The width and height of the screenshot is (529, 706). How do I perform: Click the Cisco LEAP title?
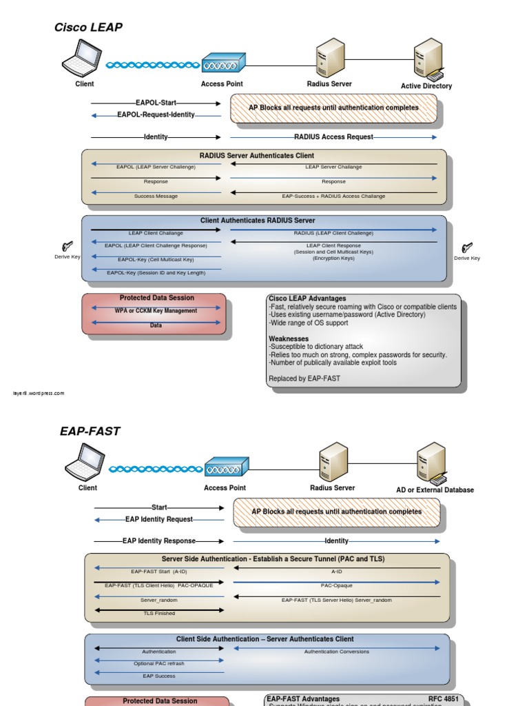pyautogui.click(x=88, y=28)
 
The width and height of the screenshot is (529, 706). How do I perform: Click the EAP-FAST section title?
pyautogui.click(x=90, y=432)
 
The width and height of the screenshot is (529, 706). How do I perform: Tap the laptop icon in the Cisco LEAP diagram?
pyautogui.click(x=82, y=58)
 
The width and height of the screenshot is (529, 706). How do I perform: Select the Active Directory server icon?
pyautogui.click(x=428, y=59)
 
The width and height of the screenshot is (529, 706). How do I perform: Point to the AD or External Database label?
pyautogui.click(x=435, y=490)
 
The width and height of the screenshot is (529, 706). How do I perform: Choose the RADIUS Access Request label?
pyautogui.click(x=333, y=137)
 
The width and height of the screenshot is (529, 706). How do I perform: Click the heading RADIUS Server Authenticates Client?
pyautogui.click(x=257, y=156)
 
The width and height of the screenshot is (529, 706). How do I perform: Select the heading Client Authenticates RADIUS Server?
pyautogui.click(x=258, y=221)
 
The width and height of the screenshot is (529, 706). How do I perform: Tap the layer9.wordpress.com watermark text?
pyautogui.click(x=39, y=394)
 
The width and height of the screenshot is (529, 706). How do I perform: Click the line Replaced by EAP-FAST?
pyautogui.click(x=304, y=379)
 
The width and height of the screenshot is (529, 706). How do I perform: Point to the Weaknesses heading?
pyautogui.click(x=289, y=339)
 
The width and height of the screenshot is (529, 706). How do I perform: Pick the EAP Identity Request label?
pyautogui.click(x=159, y=519)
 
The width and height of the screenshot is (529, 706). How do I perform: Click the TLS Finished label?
pyautogui.click(x=159, y=613)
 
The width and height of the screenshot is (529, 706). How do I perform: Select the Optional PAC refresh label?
pyautogui.click(x=159, y=663)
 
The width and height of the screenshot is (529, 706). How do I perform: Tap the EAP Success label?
pyautogui.click(x=159, y=676)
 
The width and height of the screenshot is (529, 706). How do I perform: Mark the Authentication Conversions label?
pyautogui.click(x=337, y=652)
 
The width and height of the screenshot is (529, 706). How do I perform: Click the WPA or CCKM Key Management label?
pyautogui.click(x=156, y=311)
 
